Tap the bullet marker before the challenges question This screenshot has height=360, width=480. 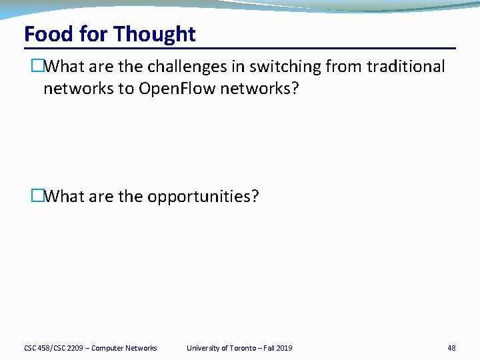pyautogui.click(x=37, y=67)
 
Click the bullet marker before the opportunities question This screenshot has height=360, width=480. pyautogui.click(x=37, y=197)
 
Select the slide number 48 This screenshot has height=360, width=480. pyautogui.click(x=451, y=348)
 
